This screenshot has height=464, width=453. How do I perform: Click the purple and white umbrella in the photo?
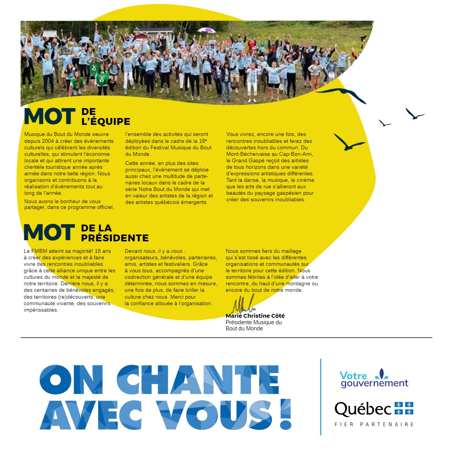tap(206, 30)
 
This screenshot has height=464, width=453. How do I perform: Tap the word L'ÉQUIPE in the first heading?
tap(106, 121)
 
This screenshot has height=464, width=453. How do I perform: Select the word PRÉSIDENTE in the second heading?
tap(115, 238)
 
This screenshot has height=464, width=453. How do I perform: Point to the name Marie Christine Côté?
tap(255, 316)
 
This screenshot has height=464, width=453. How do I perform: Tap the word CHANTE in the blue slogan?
tap(198, 380)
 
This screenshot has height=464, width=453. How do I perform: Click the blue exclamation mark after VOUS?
tap(286, 414)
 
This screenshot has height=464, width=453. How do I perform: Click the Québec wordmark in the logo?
tap(363, 409)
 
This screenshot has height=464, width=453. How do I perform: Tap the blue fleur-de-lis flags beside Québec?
tap(404, 408)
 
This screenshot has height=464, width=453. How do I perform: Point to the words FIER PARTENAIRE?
tap(374, 424)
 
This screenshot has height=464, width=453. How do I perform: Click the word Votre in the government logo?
tap(353, 375)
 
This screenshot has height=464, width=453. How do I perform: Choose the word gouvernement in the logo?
tap(374, 383)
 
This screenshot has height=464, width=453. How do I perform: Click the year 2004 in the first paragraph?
tap(48, 141)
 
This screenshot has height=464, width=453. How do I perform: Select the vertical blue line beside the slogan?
tap(321, 397)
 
